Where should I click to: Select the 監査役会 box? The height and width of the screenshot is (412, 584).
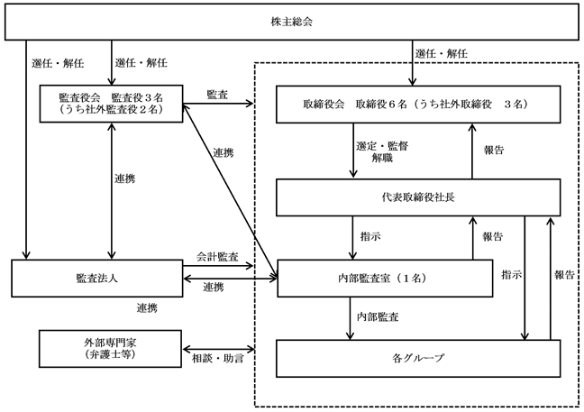click(109, 104)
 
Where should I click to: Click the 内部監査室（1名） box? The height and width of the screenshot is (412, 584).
click(385, 277)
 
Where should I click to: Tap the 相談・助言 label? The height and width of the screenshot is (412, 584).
click(219, 358)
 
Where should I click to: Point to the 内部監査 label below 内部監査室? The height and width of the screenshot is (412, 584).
click(379, 317)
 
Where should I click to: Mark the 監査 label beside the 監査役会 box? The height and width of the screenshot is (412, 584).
click(216, 93)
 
